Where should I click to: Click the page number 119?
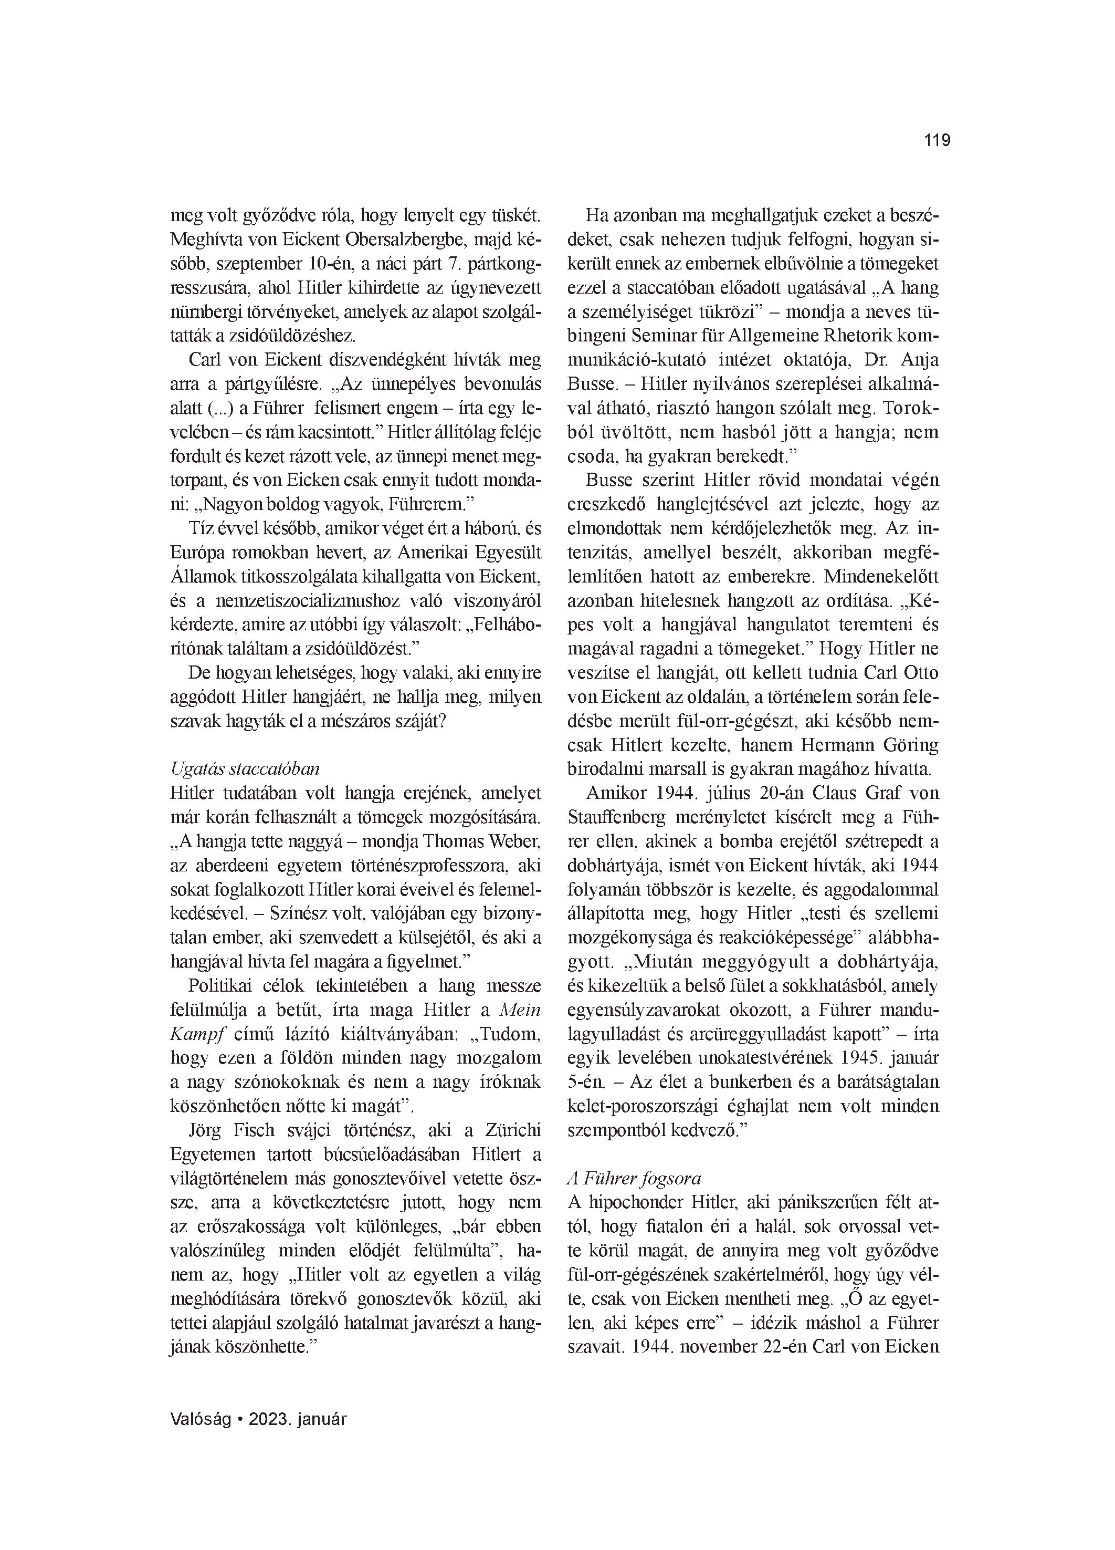click(937, 141)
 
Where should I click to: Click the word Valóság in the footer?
click(199, 1419)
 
